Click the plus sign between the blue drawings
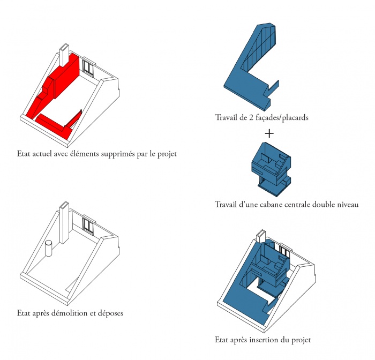click(x=269, y=133)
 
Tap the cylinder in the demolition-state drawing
click(x=49, y=249)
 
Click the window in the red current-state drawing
click(x=88, y=67)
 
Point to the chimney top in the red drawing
click(x=64, y=47)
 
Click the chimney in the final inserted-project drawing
click(x=261, y=236)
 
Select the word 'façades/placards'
click(x=282, y=117)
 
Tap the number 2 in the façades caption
click(x=251, y=117)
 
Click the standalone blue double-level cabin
click(x=271, y=169)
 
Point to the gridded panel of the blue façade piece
click(x=259, y=49)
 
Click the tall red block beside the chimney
click(x=67, y=76)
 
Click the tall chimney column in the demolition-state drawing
click(x=64, y=223)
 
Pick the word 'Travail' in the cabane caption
click(x=226, y=205)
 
